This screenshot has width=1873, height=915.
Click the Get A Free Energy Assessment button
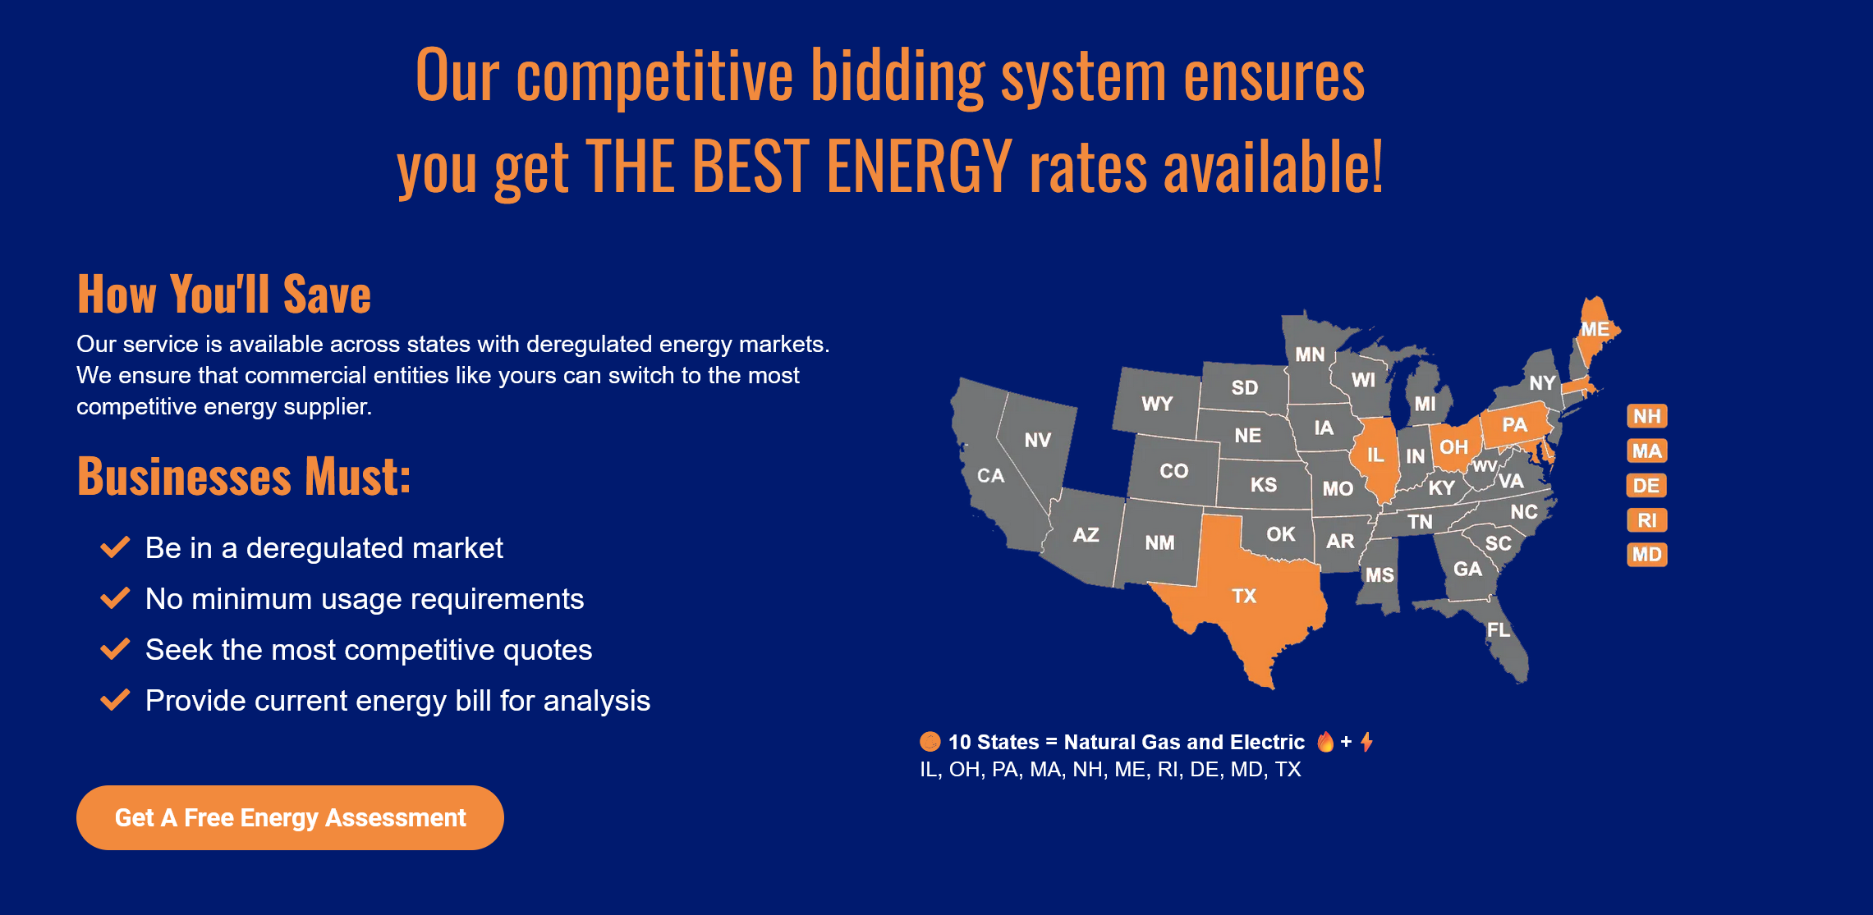(x=290, y=817)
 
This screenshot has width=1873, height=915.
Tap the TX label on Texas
(x=1244, y=596)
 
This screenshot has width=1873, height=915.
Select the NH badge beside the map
(x=1646, y=416)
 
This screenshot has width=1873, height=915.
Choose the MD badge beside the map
(x=1646, y=555)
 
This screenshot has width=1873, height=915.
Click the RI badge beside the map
(x=1646, y=520)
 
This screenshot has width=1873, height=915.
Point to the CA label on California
(x=990, y=475)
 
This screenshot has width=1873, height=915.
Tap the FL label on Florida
(x=1499, y=629)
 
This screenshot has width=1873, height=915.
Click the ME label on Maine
(x=1595, y=329)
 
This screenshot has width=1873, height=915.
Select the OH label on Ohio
(x=1453, y=447)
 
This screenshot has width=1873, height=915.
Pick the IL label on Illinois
(x=1375, y=455)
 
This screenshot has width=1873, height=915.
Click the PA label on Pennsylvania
(x=1514, y=424)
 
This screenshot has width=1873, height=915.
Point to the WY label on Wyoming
(x=1157, y=404)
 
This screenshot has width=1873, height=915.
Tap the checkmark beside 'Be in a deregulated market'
(x=115, y=547)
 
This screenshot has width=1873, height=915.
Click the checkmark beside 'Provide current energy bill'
(x=115, y=700)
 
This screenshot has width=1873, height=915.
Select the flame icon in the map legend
(x=1325, y=742)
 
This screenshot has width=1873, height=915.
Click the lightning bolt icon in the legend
(x=1366, y=742)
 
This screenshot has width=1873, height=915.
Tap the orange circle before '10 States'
(x=930, y=742)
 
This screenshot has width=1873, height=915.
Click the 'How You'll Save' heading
(x=224, y=294)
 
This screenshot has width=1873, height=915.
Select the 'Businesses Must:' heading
(x=244, y=476)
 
